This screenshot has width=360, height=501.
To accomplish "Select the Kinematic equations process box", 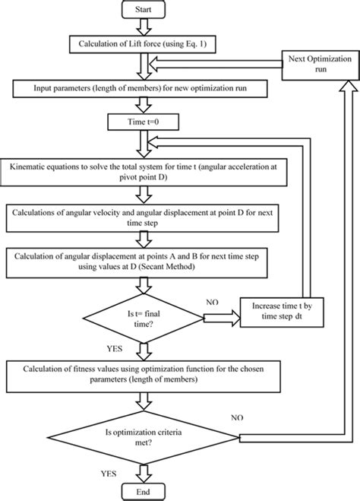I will tap(145, 171).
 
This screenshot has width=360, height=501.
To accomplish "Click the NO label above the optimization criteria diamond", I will tap(236, 418).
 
